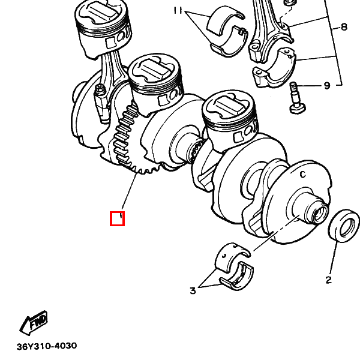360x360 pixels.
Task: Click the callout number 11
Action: pyautogui.click(x=178, y=10)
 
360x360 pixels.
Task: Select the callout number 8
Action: pyautogui.click(x=343, y=27)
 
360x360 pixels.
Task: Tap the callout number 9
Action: pyautogui.click(x=327, y=86)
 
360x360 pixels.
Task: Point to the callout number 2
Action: pyautogui.click(x=329, y=280)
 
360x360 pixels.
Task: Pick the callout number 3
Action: pyautogui.click(x=193, y=290)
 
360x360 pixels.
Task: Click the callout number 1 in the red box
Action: pyautogui.click(x=121, y=216)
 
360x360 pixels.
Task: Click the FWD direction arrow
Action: pyautogui.click(x=34, y=322)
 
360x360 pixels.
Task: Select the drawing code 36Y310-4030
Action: pyautogui.click(x=47, y=346)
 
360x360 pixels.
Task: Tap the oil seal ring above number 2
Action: pyautogui.click(x=344, y=226)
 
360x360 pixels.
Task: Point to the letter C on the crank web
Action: pyautogui.click(x=303, y=175)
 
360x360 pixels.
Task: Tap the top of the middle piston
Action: pyautogui.click(x=154, y=69)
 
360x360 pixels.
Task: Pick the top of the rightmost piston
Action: pyautogui.click(x=228, y=106)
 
